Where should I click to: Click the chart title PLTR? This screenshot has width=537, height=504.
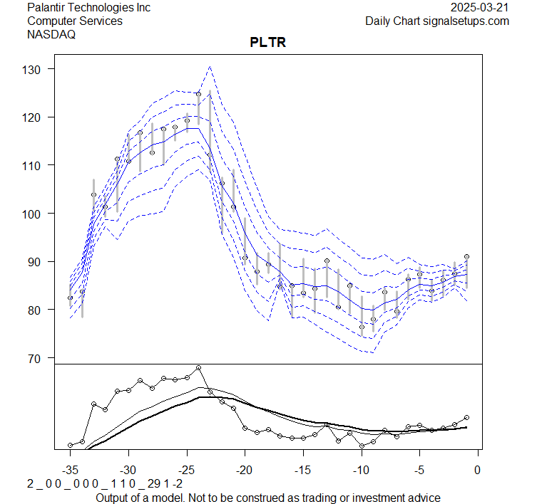(268, 43)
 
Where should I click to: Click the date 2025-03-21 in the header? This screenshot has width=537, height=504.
(481, 8)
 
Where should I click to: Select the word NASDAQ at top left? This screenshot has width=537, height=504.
(51, 34)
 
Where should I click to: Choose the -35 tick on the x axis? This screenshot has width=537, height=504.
(70, 470)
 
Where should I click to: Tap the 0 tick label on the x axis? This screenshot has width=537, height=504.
(477, 470)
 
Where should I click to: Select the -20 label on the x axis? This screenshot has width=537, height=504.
(245, 470)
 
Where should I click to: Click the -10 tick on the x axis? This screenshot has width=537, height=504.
(361, 470)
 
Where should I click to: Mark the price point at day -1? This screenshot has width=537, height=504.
(466, 256)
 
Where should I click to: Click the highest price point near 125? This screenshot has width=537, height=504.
(198, 94)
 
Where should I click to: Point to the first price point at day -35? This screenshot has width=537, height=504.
(70, 298)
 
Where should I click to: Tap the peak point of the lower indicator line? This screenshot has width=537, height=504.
(198, 368)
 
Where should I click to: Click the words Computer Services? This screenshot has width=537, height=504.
(75, 21)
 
